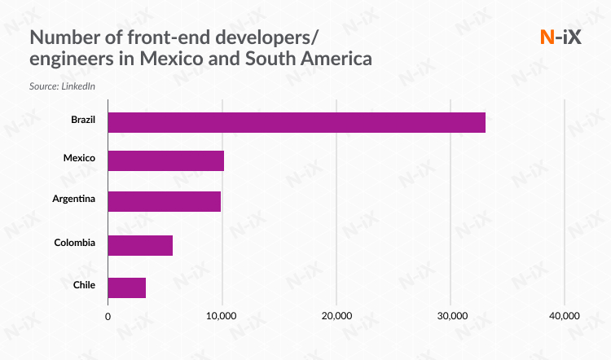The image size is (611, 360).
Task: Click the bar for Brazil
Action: tap(297, 122)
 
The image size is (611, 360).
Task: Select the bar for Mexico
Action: tap(165, 160)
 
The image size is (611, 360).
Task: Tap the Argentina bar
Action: tap(164, 201)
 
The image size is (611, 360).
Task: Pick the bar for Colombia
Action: tap(140, 245)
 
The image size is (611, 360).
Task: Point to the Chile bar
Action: tap(126, 288)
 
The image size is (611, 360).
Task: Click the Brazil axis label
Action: tap(82, 120)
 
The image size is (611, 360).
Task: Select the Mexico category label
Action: tap(79, 157)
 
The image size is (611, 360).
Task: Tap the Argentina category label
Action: tap(74, 200)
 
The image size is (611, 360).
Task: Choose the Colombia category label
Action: tap(75, 243)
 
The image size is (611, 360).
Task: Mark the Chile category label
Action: tap(84, 285)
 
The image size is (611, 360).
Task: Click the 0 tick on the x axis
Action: tap(108, 316)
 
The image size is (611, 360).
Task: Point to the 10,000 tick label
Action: tap(222, 316)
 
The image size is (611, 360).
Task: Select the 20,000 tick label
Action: tap(336, 316)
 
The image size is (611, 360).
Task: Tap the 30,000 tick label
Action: tap(451, 316)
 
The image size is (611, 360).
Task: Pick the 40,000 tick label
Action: tap(564, 316)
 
